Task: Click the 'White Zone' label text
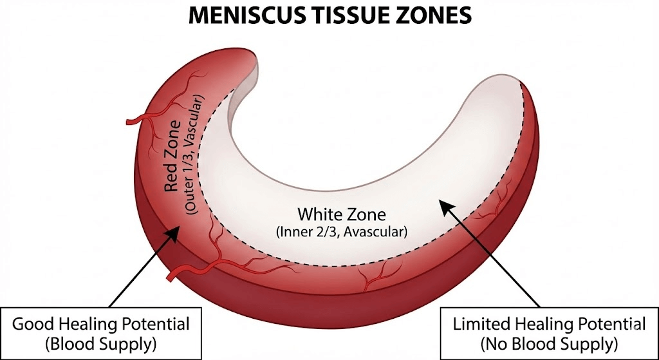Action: (x=333, y=214)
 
